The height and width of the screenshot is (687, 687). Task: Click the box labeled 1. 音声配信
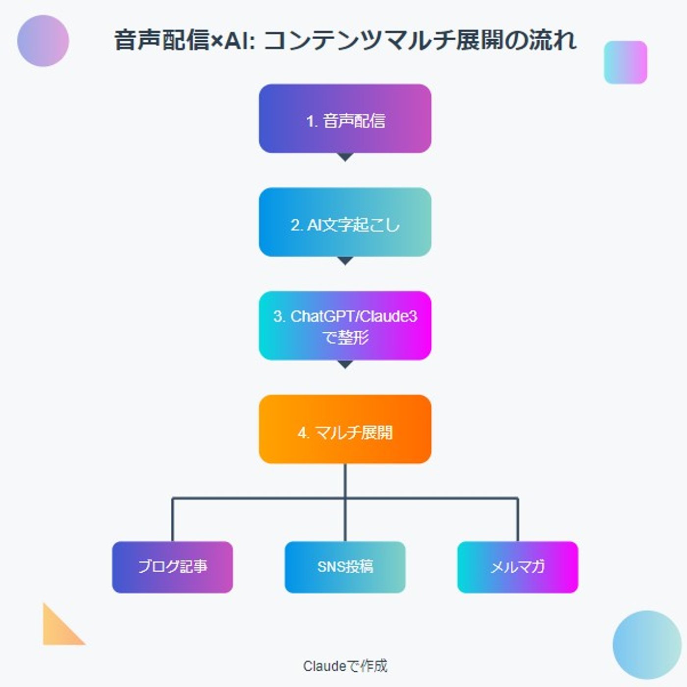tap(345, 119)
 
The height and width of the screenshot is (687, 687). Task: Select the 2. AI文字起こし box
tap(345, 222)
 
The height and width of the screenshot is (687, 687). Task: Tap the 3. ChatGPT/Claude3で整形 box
tap(345, 326)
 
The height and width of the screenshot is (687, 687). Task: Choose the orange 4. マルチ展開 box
tap(345, 429)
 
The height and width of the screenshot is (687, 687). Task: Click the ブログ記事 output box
tap(172, 567)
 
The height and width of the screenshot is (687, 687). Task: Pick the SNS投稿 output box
tap(345, 567)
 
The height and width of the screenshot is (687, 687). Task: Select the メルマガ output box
tap(518, 567)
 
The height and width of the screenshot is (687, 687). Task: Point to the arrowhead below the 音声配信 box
tap(345, 157)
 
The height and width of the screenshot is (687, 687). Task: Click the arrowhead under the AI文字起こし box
tap(345, 261)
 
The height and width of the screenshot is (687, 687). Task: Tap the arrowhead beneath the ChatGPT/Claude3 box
tap(345, 364)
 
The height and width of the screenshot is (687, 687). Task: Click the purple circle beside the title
tap(43, 41)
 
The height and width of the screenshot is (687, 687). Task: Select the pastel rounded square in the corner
tap(625, 62)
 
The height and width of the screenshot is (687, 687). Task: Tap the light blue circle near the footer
tap(647, 645)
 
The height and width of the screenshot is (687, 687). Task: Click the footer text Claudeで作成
tap(345, 666)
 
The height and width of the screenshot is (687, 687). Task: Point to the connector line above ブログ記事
tap(172, 520)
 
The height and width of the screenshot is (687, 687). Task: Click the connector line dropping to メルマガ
tap(518, 520)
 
